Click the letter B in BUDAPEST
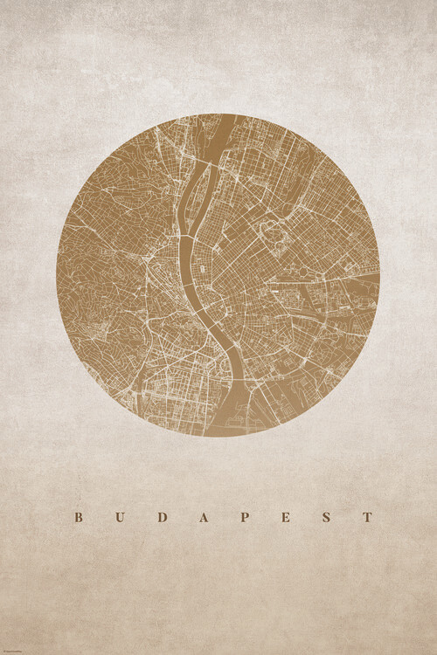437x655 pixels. (x=78, y=517)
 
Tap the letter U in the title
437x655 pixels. (x=118, y=517)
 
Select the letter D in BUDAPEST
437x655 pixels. (x=160, y=517)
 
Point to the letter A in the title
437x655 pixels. (x=203, y=517)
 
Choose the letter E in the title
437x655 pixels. (x=286, y=517)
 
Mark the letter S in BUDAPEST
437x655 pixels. (x=327, y=517)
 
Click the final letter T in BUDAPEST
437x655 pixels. (x=368, y=517)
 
